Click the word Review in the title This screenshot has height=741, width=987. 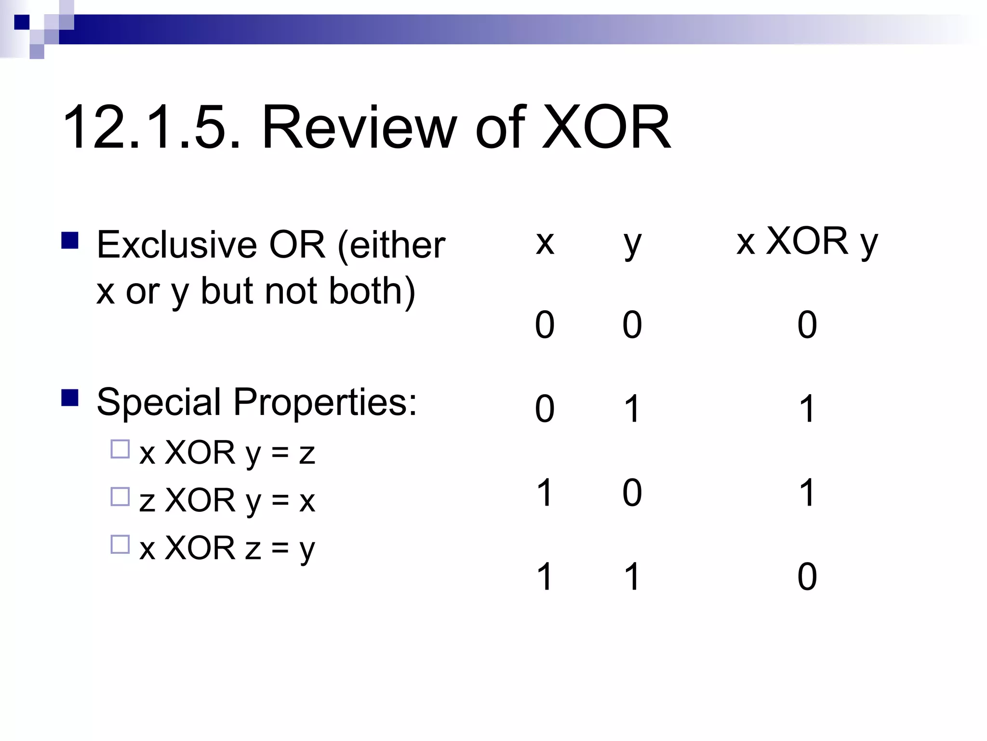click(x=359, y=128)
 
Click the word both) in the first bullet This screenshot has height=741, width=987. click(x=372, y=291)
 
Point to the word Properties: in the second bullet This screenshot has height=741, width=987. click(x=326, y=402)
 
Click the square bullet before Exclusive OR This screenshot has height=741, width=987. click(x=70, y=240)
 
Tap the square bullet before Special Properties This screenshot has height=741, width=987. click(x=70, y=398)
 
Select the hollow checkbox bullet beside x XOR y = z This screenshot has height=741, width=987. click(x=120, y=449)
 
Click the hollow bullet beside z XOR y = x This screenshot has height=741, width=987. click(x=120, y=496)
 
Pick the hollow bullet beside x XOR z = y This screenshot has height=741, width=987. click(x=120, y=544)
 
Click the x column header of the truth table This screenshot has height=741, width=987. click(x=545, y=242)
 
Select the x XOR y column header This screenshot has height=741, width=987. click(x=807, y=241)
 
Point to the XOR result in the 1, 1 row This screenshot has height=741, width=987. click(x=807, y=576)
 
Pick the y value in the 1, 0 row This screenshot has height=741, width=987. click(x=632, y=493)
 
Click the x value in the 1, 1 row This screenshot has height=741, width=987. click(x=545, y=576)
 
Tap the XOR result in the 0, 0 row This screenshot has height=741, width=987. click(x=807, y=325)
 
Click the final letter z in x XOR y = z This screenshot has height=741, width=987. click(x=307, y=454)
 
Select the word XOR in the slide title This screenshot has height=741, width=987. click(x=606, y=128)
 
